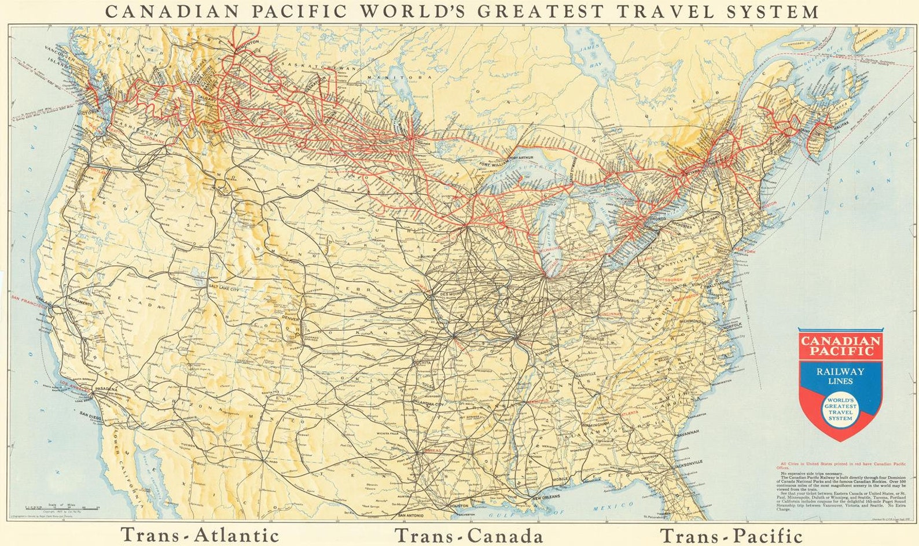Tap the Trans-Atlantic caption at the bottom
coord(200,535)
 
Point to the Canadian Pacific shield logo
coord(840,382)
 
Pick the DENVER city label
coord(291,318)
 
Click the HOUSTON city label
coord(459,506)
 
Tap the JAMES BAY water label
coord(591,57)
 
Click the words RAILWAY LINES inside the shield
coord(840,376)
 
